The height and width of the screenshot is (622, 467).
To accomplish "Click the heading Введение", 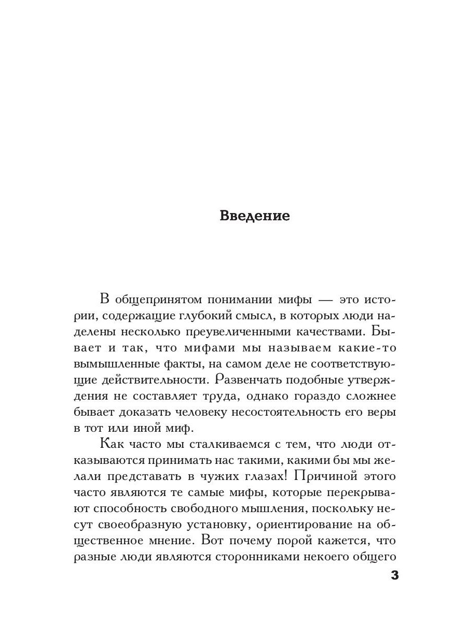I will [255, 216].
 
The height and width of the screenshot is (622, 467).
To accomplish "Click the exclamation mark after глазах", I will [266, 475].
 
